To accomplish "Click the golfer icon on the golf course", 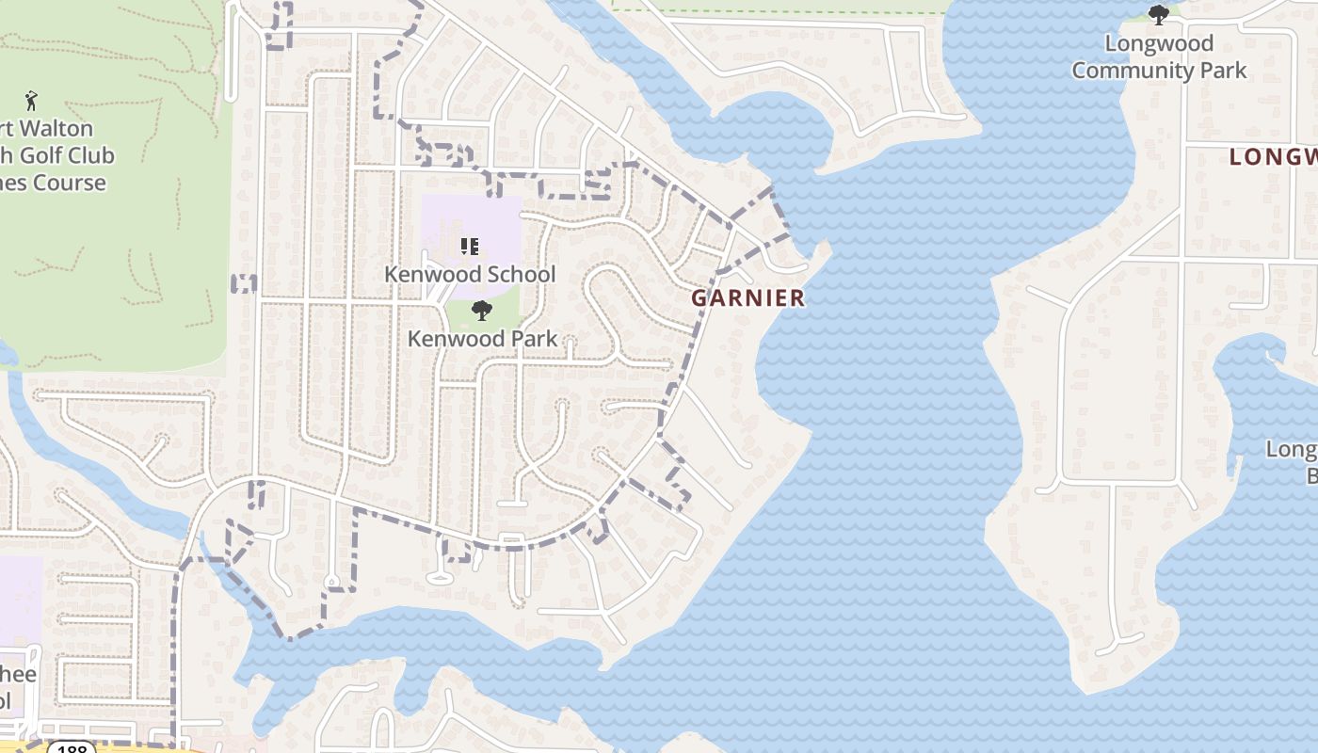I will tap(31, 100).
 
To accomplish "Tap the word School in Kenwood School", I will tap(520, 274).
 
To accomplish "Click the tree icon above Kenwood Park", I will tap(481, 311).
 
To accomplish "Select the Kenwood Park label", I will tap(482, 338).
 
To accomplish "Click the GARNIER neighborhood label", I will tap(748, 298).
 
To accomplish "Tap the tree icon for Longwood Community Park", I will tap(1159, 14).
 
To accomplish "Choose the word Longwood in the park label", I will tap(1159, 43).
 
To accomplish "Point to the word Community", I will tap(1130, 71).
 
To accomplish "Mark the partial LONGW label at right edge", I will tap(1273, 157).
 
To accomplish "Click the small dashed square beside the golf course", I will tap(244, 283).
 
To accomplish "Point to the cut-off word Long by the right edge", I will tap(1291, 449).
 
